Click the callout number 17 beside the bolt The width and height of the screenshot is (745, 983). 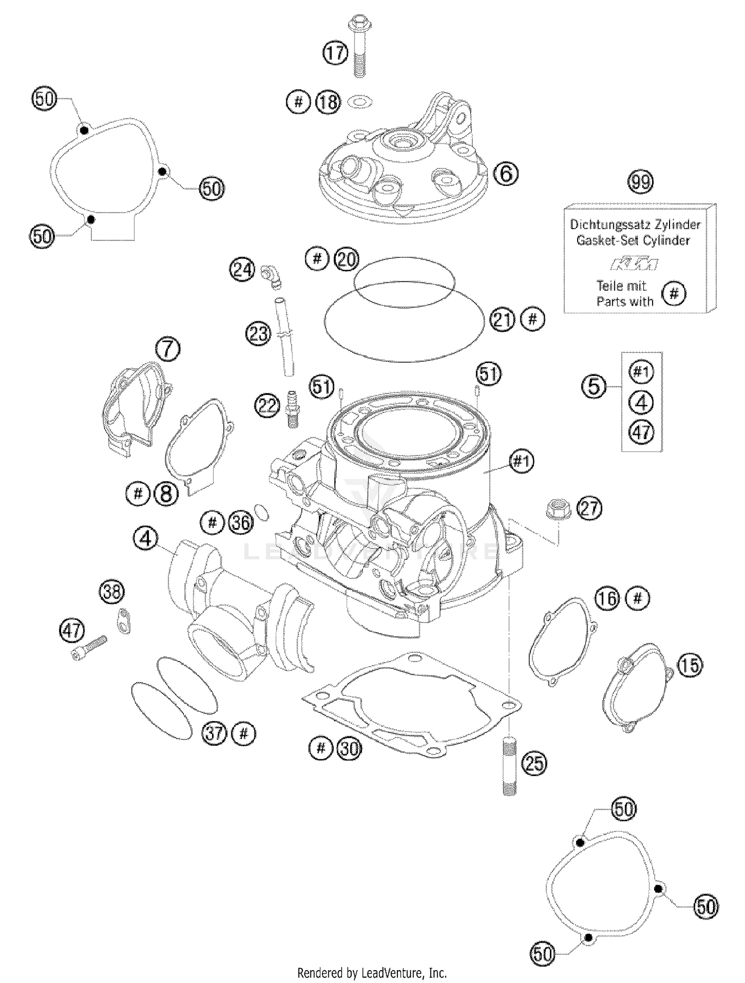pos(336,52)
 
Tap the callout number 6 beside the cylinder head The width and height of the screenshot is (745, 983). pos(506,173)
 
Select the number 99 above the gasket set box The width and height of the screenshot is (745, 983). pos(640,182)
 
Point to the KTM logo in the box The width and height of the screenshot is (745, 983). pos(634,264)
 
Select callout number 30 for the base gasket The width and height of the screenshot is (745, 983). pos(350,748)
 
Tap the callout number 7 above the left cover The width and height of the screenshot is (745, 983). pos(168,350)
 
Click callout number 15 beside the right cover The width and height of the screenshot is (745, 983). pos(690,666)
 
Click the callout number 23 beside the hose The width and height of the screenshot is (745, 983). pos(259,334)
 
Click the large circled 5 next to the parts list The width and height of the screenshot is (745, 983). pos(594,386)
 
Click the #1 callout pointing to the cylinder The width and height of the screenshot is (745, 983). pos(521,462)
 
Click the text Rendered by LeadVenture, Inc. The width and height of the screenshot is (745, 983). pos(372,972)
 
